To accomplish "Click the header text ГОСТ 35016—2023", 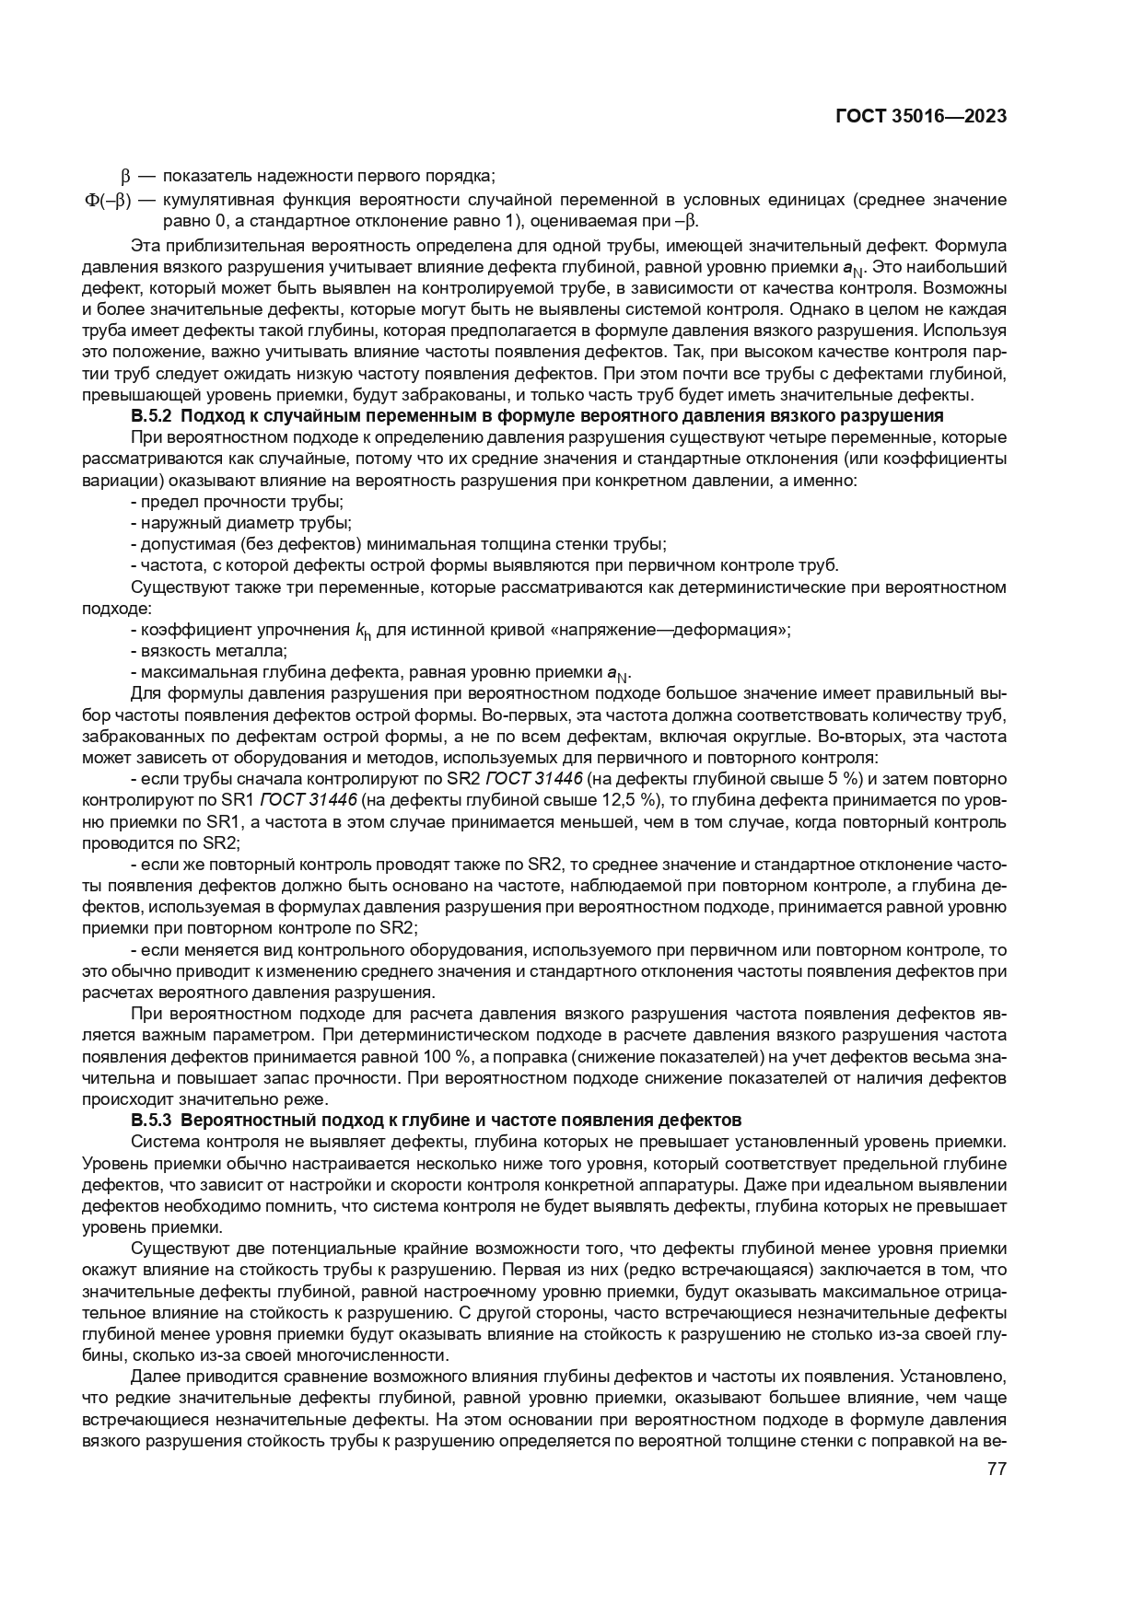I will tap(920, 117).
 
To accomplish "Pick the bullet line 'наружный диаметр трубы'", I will tap(241, 523).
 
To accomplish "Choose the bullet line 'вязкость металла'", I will tap(209, 651).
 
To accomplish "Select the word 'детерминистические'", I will tap(712, 587).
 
